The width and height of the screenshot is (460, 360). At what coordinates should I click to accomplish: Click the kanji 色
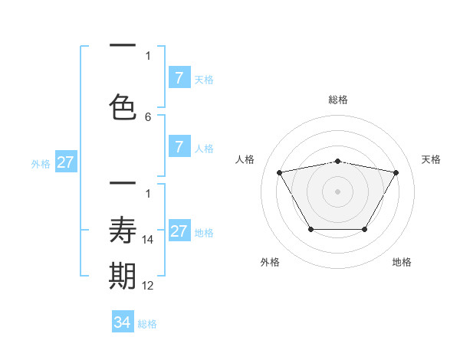[x=123, y=106]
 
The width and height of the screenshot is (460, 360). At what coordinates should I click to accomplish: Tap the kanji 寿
[x=123, y=230]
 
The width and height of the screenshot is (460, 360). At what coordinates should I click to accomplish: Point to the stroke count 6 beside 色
[x=148, y=117]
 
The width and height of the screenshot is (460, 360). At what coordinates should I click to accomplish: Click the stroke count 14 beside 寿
[x=149, y=240]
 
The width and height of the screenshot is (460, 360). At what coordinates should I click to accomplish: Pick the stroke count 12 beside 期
[x=149, y=286]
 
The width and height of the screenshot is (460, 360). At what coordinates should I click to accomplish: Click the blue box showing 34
[x=123, y=322]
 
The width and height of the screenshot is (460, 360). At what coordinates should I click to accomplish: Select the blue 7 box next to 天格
[x=179, y=78]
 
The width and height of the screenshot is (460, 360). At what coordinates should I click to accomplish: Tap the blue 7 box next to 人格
[x=179, y=148]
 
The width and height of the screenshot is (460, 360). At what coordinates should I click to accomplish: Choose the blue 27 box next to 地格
[x=179, y=231]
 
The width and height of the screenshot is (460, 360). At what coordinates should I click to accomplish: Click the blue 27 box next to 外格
[x=66, y=162]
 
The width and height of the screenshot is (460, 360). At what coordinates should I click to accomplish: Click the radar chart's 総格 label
[x=338, y=100]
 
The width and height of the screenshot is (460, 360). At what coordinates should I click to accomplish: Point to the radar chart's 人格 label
[x=245, y=159]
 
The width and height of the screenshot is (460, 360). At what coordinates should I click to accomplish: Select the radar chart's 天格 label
[x=431, y=159]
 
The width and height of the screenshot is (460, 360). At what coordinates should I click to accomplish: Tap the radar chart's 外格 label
[x=270, y=263]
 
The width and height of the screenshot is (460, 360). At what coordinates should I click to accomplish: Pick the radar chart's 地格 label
[x=402, y=263]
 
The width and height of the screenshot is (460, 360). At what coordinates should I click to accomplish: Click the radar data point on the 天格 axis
[x=396, y=172]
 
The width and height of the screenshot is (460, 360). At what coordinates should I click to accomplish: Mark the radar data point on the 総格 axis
[x=338, y=161]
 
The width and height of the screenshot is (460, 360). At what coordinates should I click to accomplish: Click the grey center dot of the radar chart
[x=338, y=191]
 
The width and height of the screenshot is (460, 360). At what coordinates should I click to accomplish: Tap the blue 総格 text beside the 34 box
[x=147, y=324]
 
